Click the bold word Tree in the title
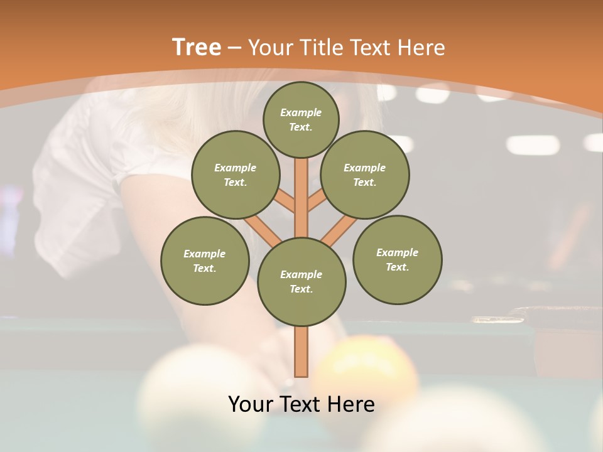coord(197,47)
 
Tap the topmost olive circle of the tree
coord(301,119)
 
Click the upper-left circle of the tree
coord(235,175)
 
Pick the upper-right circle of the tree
coord(365,175)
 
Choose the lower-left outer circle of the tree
coord(205,261)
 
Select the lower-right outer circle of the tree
coord(397,259)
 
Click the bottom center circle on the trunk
coord(301,281)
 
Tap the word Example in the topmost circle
coord(301,112)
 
